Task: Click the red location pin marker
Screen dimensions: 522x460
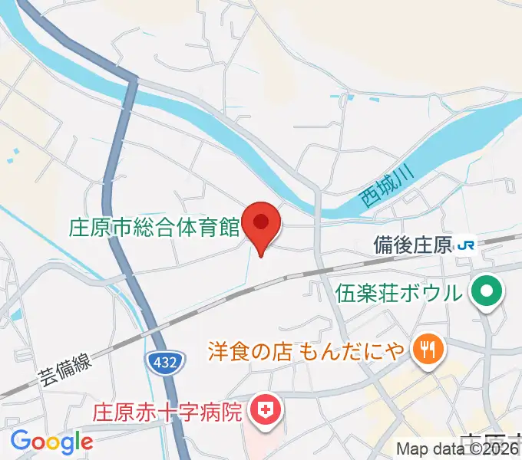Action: [x=262, y=224]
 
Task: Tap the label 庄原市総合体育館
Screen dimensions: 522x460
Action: [x=155, y=228]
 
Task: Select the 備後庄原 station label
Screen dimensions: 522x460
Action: [x=412, y=245]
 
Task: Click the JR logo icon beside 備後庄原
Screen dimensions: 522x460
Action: [x=465, y=245]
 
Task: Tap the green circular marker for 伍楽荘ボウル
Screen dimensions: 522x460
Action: [x=487, y=291]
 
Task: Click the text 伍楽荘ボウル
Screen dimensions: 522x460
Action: [x=399, y=292]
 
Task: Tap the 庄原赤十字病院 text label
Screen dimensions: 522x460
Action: [x=169, y=412]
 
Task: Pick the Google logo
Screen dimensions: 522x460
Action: [x=51, y=442]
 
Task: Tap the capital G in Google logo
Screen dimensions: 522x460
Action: [x=20, y=441]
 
